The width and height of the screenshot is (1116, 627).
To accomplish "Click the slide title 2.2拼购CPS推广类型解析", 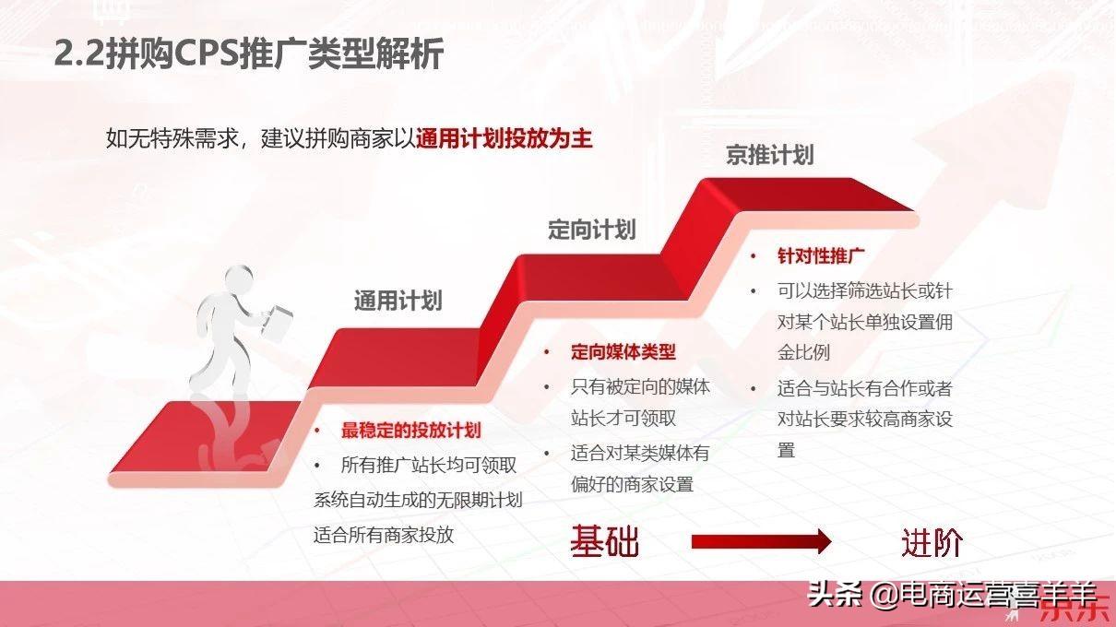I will [249, 54].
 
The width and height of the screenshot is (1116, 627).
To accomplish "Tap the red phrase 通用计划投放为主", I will [504, 139].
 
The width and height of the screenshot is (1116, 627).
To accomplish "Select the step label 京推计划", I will [769, 155].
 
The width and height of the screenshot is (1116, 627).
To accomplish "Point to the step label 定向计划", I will [591, 230].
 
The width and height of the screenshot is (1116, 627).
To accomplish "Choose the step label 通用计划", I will [398, 301].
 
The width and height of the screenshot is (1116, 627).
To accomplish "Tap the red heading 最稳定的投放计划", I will [410, 431].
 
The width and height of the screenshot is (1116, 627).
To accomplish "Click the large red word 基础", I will [604, 542].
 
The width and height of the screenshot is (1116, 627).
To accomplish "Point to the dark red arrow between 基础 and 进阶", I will [761, 542].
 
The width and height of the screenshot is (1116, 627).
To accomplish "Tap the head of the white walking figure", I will [239, 278].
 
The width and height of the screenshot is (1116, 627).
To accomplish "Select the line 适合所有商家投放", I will [384, 535].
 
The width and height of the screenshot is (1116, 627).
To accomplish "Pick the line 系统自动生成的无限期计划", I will [418, 501].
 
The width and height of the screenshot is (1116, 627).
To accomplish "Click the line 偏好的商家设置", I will [632, 484].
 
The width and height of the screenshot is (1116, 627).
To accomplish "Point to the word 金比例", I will [803, 352].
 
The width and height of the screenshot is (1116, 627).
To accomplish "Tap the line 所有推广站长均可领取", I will [429, 466].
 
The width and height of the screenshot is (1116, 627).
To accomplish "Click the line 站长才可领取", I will [623, 418].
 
